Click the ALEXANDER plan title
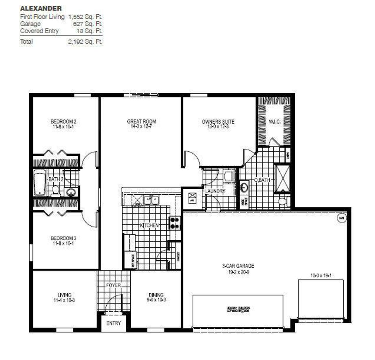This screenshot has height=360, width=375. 41,8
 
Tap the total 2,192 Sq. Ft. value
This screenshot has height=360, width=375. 85,42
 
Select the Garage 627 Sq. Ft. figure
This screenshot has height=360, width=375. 88,24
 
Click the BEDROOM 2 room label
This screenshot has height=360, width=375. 64,121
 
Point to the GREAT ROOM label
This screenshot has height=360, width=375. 142,121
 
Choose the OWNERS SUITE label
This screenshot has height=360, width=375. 218,121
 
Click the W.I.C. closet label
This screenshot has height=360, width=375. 275,122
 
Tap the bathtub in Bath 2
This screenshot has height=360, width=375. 40,183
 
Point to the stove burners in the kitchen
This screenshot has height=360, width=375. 175,223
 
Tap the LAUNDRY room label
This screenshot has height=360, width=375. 215,191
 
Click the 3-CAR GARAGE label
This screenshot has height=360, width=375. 238,266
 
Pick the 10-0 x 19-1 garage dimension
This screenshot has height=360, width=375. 321,275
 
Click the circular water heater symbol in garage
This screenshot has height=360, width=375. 342,218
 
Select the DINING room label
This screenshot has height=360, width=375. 156,295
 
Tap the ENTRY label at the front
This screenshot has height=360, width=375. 113,323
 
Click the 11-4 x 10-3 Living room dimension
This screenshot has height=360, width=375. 64,300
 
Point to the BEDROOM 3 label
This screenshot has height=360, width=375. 64,238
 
